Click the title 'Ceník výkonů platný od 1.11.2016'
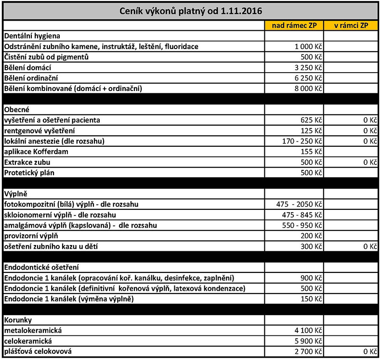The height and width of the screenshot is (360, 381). point(190,11)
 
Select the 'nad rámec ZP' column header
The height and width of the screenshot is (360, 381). point(294,26)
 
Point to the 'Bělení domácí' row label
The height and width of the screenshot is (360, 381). point(27,67)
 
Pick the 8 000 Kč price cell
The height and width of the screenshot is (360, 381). point(308,89)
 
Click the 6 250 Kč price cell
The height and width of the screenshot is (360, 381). point(308,78)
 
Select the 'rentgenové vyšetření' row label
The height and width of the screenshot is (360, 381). point(39,130)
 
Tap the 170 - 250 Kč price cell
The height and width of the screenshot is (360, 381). point(302,141)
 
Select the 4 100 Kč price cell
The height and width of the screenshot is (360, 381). point(308,331)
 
